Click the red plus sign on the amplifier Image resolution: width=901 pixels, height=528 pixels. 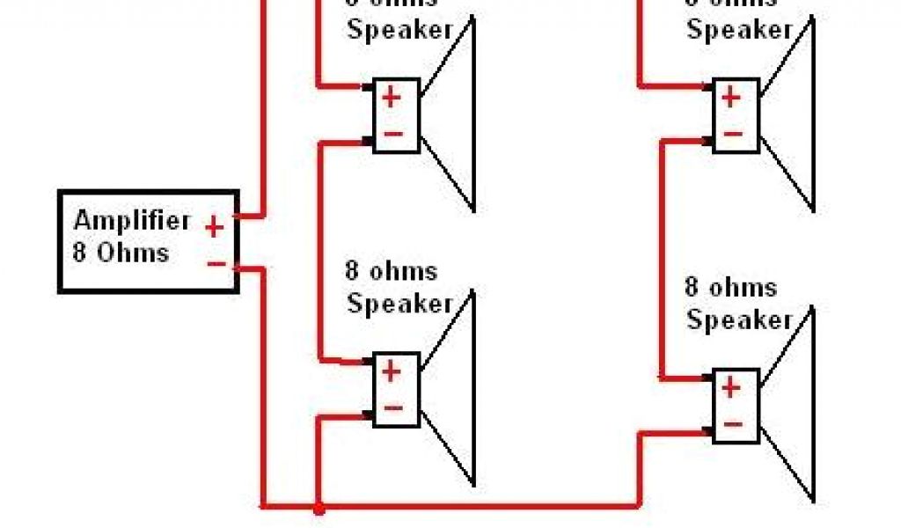tap(214, 228)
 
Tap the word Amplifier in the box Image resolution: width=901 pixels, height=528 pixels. tap(120, 220)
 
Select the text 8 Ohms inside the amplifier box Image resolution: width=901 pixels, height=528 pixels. tap(120, 253)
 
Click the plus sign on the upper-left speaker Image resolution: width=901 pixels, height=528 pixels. tap(392, 97)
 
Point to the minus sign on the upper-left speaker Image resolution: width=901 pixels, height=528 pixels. tap(392, 134)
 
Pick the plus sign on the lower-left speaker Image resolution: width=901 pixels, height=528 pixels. tap(392, 371)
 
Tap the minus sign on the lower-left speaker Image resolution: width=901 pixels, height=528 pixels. tap(392, 408)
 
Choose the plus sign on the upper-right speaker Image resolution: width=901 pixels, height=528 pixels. tap(731, 97)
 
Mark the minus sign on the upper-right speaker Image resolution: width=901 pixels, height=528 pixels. tap(732, 134)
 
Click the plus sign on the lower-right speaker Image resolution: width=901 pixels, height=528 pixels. tap(731, 387)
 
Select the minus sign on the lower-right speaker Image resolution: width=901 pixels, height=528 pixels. tap(732, 424)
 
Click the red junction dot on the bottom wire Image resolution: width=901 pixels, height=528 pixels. tap(319, 508)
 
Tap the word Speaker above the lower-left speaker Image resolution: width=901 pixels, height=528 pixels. tap(399, 304)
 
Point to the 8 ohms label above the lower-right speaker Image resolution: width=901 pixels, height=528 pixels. tap(731, 288)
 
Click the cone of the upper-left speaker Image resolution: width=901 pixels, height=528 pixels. tap(453, 114)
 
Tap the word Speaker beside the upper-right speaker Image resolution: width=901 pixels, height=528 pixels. tap(739, 29)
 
